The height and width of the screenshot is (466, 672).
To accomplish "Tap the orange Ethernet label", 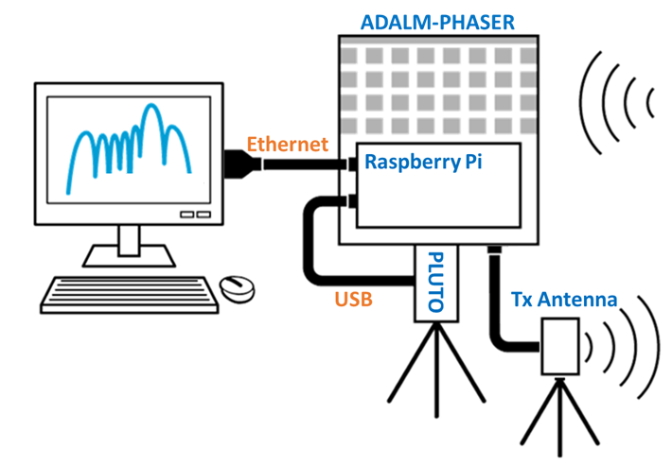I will [287, 145].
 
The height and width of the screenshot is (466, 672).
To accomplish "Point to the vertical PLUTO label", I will [436, 282].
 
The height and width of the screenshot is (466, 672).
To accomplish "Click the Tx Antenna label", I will [563, 301].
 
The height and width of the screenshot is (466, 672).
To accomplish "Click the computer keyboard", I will [129, 294].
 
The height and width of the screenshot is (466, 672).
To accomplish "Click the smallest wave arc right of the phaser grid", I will [648, 99].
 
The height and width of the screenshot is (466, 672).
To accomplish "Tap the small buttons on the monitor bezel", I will [195, 215].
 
